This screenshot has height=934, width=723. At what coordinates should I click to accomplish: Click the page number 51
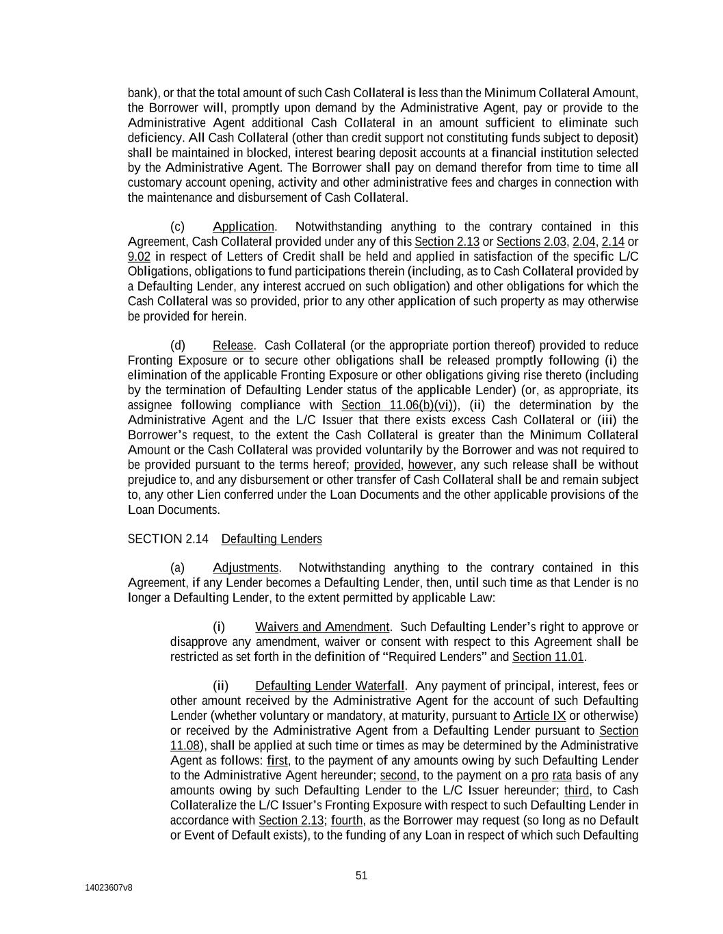[362, 875]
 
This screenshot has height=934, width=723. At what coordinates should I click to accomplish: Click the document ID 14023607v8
[109, 887]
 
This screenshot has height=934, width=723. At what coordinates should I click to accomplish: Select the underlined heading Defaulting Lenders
[272, 539]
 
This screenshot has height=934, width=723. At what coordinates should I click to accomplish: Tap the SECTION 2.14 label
[168, 539]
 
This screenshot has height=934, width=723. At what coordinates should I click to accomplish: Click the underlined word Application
[243, 226]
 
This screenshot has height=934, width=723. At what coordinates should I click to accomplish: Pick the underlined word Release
[233, 346]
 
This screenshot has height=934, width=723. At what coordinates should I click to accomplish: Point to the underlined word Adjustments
[246, 568]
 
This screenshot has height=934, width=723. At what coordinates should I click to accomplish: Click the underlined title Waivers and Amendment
[322, 627]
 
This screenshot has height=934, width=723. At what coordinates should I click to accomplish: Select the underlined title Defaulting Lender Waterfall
[330, 686]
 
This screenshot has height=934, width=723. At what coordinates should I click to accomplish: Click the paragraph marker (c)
[177, 226]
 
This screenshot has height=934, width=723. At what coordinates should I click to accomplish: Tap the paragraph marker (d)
[177, 346]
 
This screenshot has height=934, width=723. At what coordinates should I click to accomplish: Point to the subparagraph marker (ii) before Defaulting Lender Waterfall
[220, 686]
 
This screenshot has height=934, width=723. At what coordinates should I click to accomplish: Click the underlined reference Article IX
[539, 716]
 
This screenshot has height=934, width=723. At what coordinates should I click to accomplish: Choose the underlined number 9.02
[139, 257]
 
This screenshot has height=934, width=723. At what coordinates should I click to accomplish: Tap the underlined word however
[431, 465]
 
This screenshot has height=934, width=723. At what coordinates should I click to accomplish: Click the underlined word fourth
[347, 820]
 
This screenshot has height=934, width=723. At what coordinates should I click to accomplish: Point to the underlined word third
[577, 790]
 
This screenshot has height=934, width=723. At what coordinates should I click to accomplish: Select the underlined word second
[398, 776]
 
